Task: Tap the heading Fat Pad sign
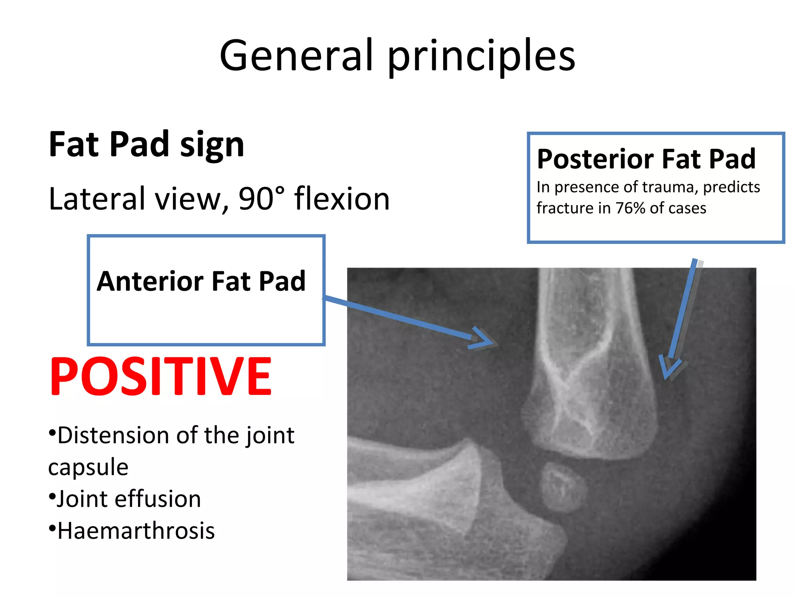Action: click(x=147, y=145)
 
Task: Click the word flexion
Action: click(x=342, y=199)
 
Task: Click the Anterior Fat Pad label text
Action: click(x=201, y=281)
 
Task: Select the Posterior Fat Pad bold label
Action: click(x=646, y=159)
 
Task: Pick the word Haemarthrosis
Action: click(x=136, y=531)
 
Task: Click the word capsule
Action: click(x=88, y=467)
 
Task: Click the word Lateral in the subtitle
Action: click(x=97, y=199)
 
